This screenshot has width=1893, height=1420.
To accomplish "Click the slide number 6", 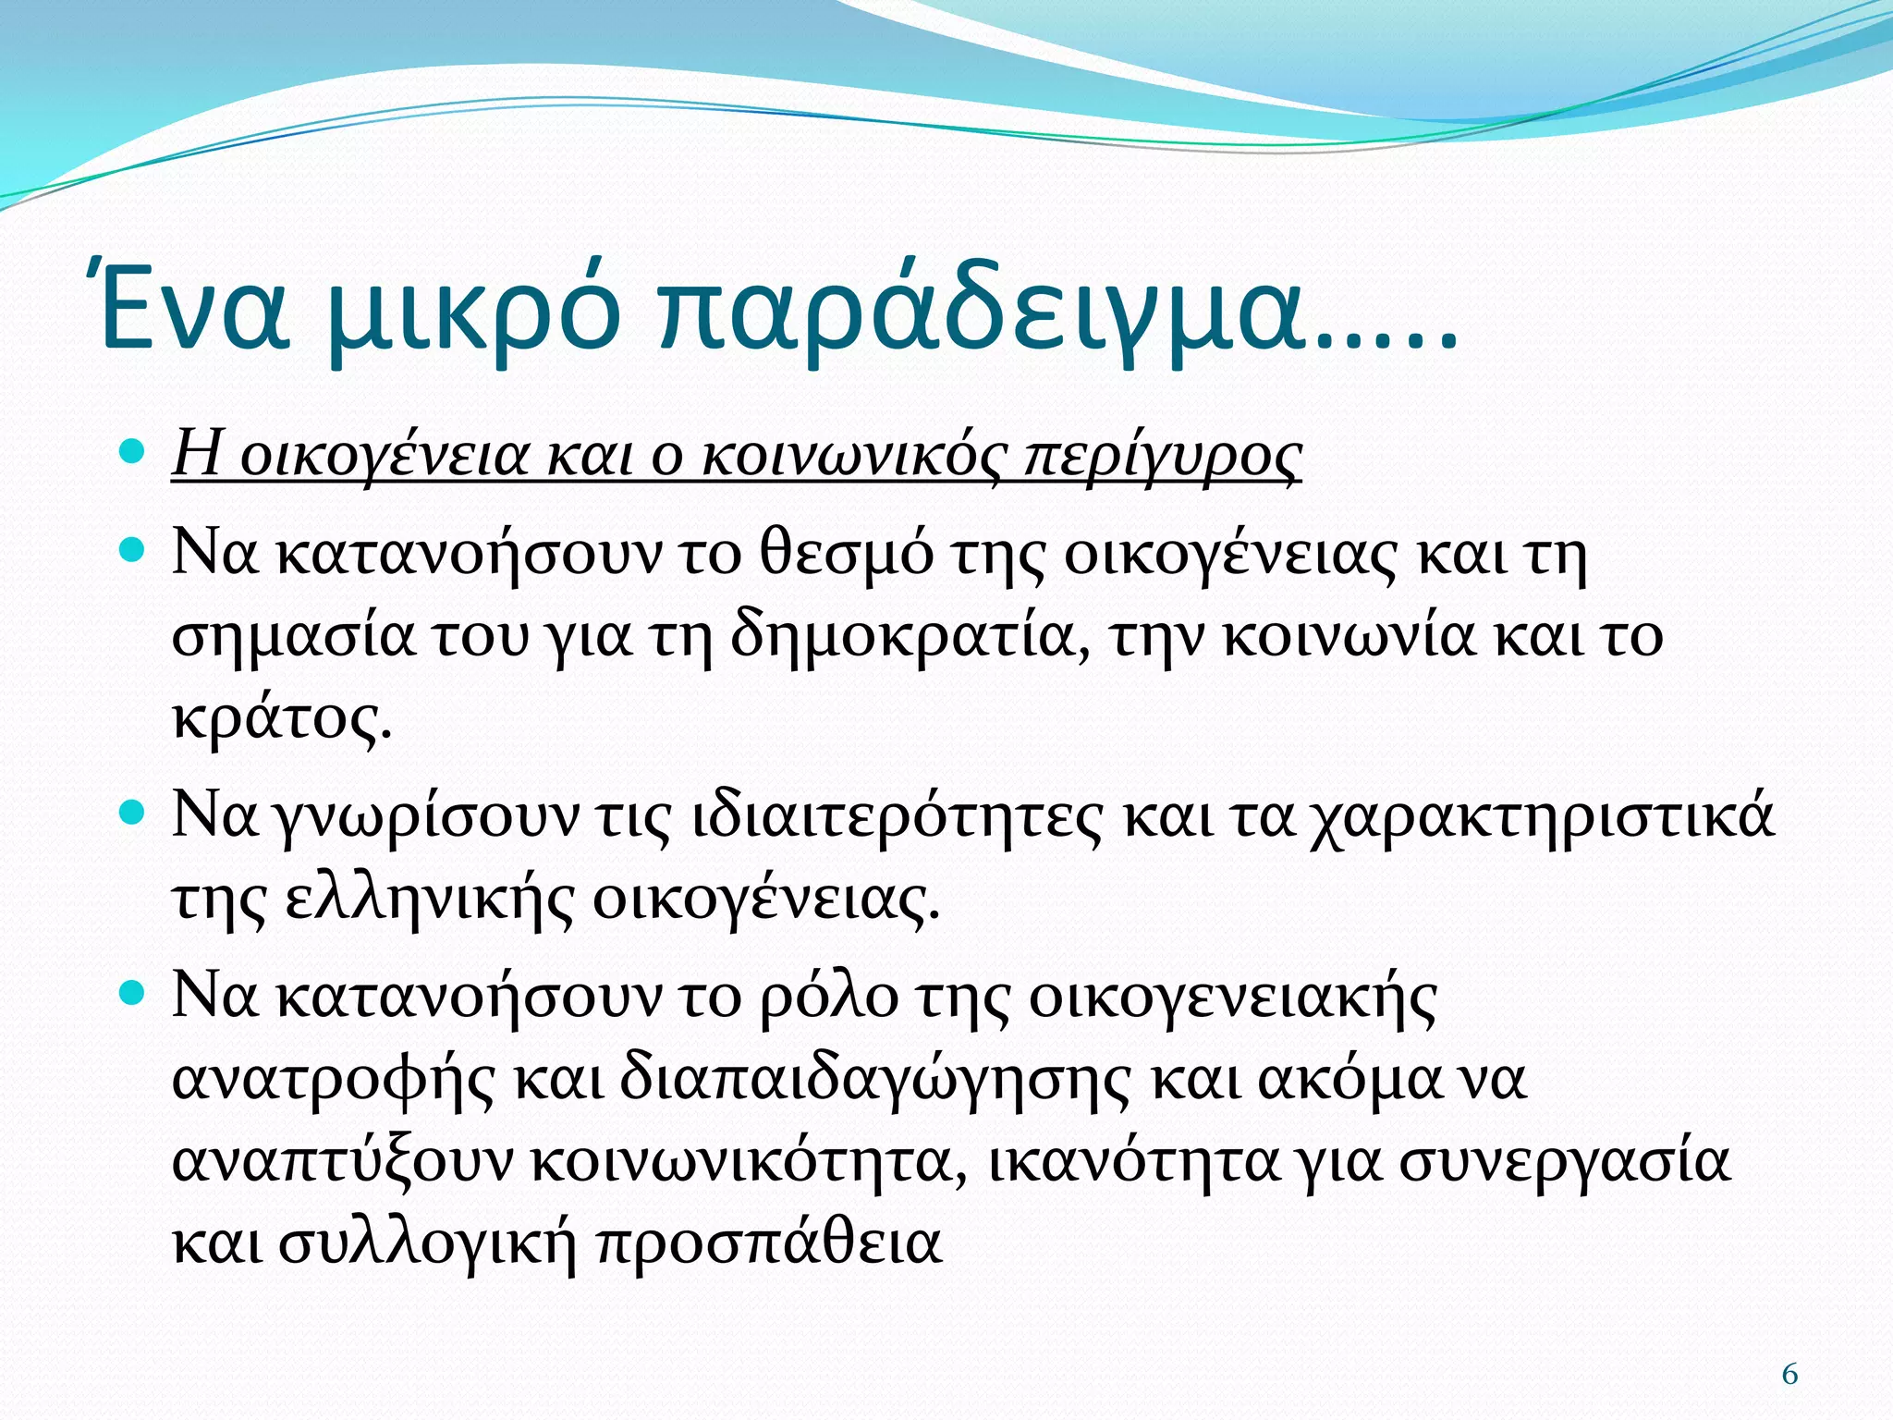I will [x=1789, y=1375].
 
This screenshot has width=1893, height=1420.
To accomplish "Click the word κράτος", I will [x=281, y=717].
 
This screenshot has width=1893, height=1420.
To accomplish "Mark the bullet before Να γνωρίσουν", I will [x=134, y=813].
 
